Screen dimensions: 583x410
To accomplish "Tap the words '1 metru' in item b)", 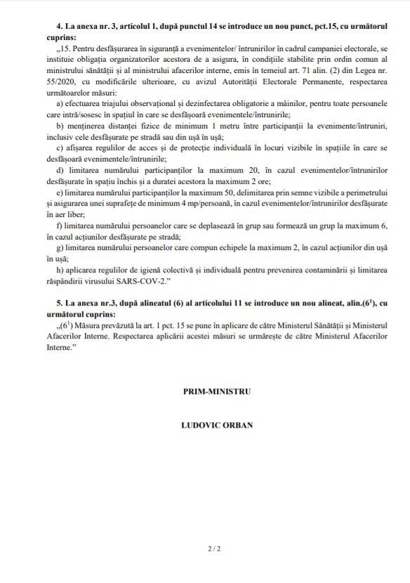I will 190,124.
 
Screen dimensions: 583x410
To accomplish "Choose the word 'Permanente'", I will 289,82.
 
